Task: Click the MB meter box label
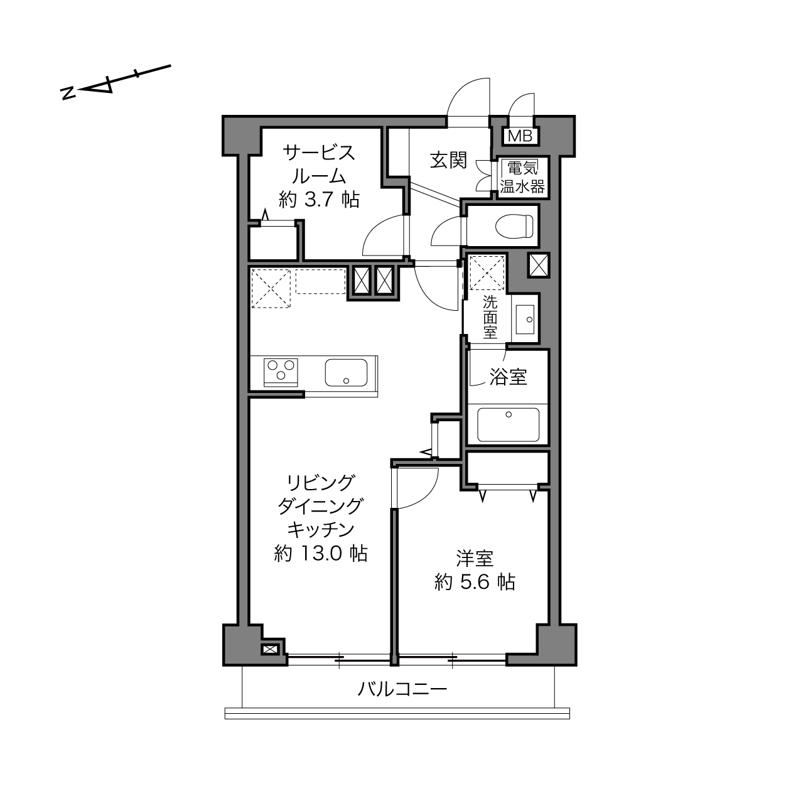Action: point(520,136)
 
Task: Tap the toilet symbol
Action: point(514,226)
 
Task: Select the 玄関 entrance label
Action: point(449,160)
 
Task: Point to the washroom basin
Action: point(525,318)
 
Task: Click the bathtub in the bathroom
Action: point(508,424)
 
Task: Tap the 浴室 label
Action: point(509,377)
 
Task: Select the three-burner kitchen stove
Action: point(281,372)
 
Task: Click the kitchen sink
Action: point(346,372)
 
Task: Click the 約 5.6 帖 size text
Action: point(475,582)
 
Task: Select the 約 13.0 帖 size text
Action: point(321,554)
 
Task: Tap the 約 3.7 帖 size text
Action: point(320,200)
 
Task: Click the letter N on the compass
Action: point(67,94)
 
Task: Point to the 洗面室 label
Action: point(490,317)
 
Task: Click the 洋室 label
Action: point(475,558)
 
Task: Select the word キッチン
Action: point(321,530)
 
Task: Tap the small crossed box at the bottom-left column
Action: point(269,650)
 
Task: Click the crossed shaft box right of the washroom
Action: point(539,265)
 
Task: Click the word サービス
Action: point(320,153)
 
